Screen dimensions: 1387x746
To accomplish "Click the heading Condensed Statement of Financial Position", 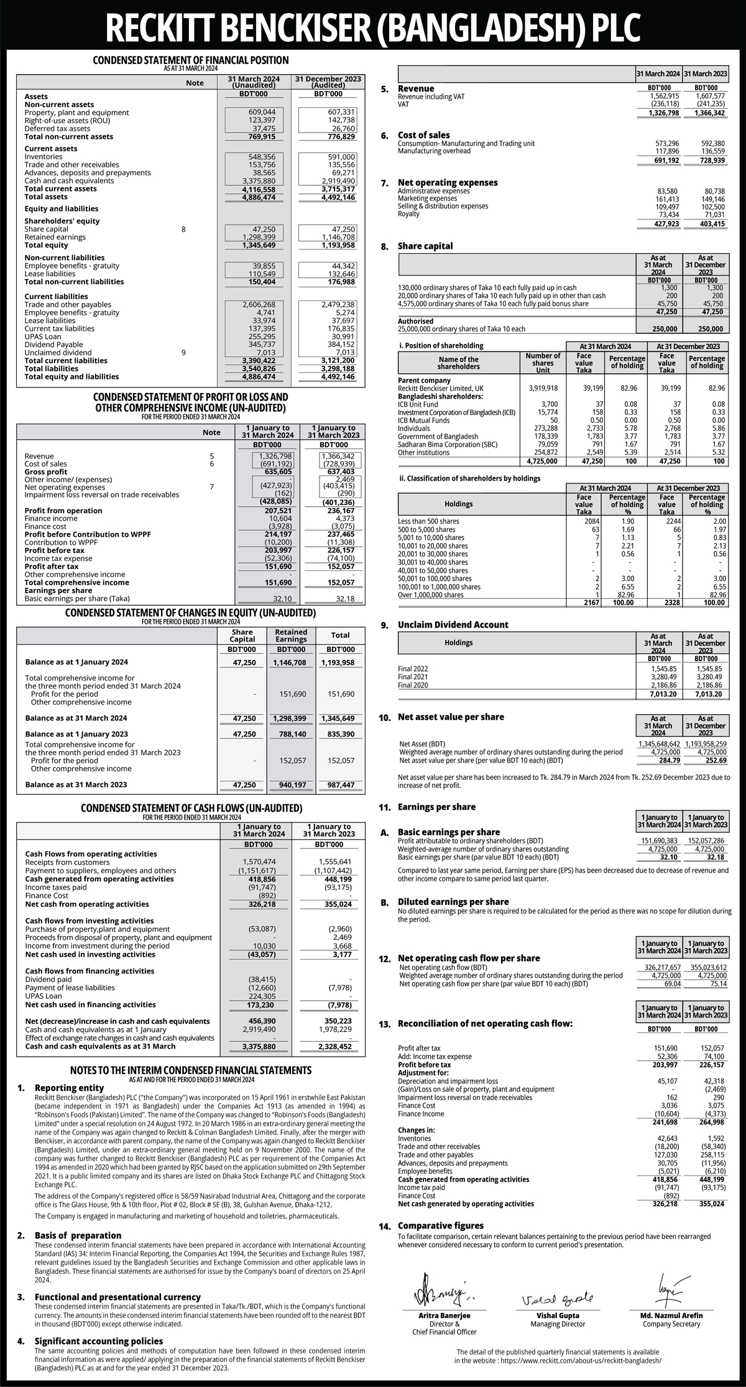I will coord(190,60).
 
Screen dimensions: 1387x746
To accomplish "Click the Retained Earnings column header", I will coord(291,635).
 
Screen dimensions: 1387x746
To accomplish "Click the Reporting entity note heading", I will coord(70,1088).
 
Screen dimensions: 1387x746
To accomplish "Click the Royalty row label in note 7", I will coord(408,214).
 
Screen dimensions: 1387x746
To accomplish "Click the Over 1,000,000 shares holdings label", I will coord(430,595).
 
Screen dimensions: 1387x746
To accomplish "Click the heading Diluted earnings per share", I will coord(453,901).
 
